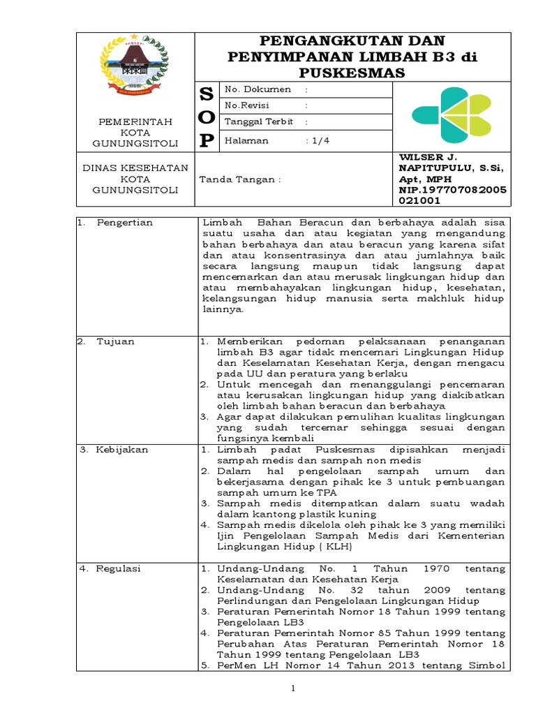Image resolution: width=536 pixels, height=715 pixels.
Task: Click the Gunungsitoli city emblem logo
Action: (137, 64)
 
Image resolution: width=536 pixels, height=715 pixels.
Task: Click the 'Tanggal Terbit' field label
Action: (256, 121)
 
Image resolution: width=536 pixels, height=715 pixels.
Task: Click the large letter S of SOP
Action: (206, 95)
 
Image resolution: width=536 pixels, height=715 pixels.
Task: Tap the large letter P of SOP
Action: (206, 141)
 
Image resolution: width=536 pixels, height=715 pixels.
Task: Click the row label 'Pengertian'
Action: (126, 223)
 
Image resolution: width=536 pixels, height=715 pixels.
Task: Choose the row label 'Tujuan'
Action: (116, 341)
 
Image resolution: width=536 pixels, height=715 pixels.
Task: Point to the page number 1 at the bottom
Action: (294, 689)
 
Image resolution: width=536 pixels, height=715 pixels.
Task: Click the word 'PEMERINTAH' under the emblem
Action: (137, 121)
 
